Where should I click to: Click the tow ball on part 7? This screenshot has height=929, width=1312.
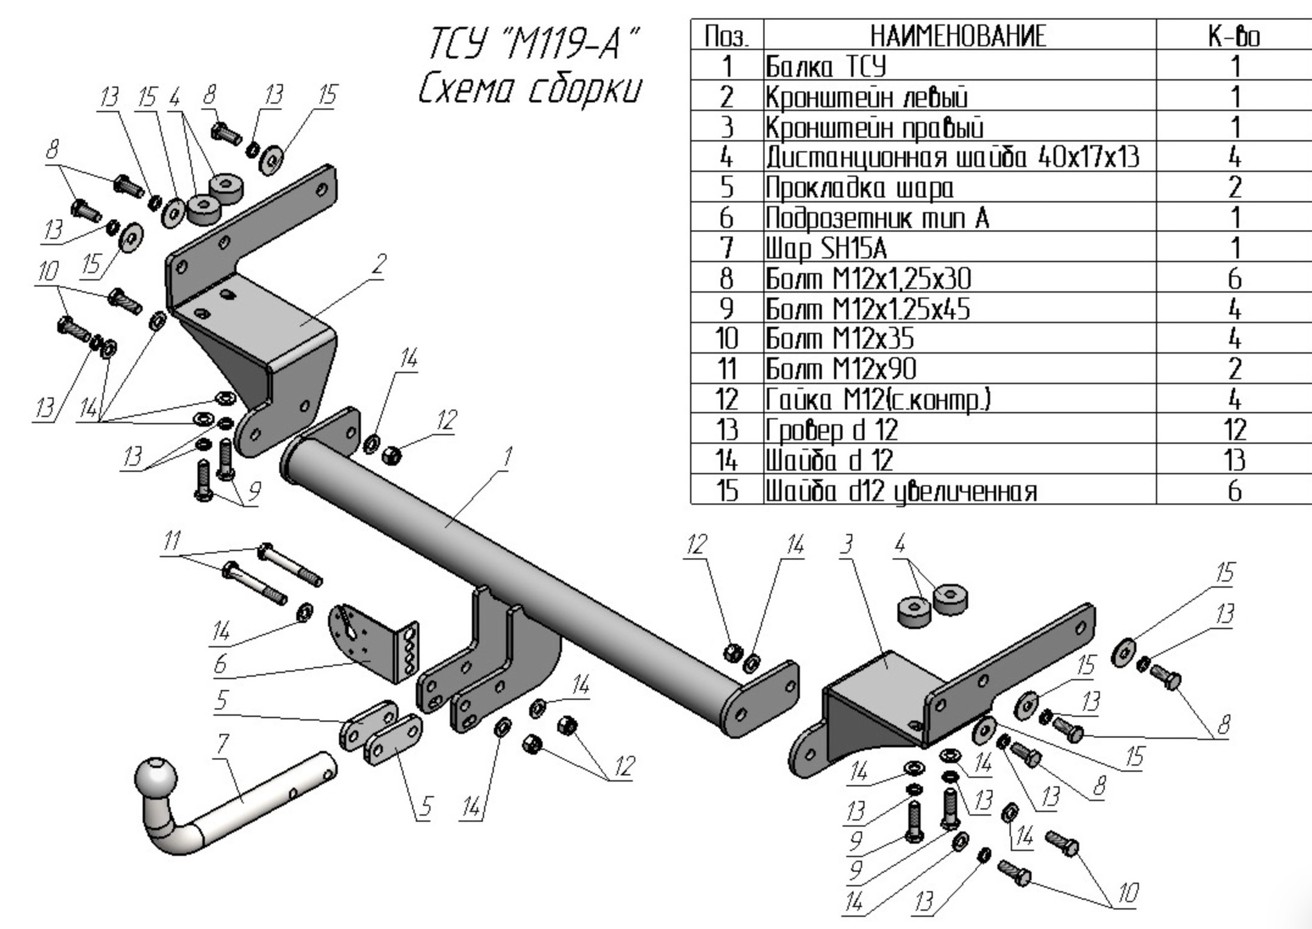coord(156,780)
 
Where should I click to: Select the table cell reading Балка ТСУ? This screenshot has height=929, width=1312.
coord(826,67)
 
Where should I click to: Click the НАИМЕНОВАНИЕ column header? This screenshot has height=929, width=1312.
coord(958,36)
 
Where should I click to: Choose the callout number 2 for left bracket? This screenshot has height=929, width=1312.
coord(379,264)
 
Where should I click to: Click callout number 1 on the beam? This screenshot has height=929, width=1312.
coord(507,459)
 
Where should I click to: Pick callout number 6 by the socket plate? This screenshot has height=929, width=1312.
coord(220,664)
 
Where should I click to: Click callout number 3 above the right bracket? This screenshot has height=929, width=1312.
coord(847,545)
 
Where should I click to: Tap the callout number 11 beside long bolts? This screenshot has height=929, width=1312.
coord(170,542)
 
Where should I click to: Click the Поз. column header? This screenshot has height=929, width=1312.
coord(726,37)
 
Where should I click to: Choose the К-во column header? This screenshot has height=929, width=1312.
coord(1234,37)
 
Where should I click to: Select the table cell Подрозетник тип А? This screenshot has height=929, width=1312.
coord(878,218)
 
